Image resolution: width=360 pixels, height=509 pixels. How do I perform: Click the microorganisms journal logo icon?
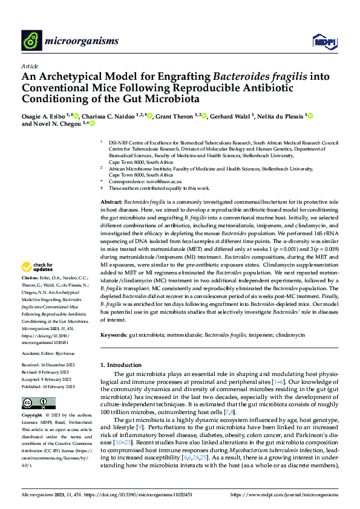tap(31, 41)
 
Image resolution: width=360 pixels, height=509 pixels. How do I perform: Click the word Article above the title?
tap(30, 66)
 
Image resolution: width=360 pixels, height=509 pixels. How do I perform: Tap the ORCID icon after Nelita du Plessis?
tap(311, 116)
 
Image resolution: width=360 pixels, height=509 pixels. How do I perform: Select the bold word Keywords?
tap(113, 334)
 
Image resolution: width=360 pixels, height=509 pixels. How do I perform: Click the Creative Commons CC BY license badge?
tap(34, 403)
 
